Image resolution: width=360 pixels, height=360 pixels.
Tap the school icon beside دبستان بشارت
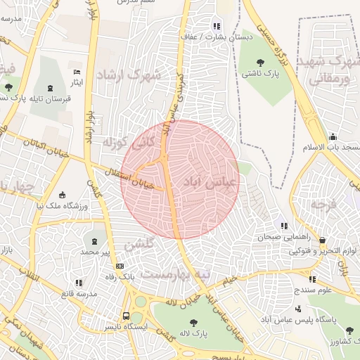coord(217,26)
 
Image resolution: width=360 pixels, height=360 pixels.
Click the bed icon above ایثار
coord(77,72)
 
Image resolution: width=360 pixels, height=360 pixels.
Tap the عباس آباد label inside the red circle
coord(211,181)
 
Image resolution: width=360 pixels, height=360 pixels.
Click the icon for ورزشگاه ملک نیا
coord(63,194)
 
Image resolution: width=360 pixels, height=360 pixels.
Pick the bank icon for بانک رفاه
coord(120,266)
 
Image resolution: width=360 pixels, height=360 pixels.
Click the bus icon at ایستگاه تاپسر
coord(126,316)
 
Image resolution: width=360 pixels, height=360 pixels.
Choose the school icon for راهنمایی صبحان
coord(284,226)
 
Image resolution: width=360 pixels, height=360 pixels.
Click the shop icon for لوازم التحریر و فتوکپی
coord(322,240)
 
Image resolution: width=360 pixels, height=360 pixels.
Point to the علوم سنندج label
coord(314,289)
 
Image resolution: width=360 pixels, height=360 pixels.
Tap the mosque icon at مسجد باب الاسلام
coord(332,136)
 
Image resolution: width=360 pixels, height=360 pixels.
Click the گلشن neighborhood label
coord(139,245)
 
